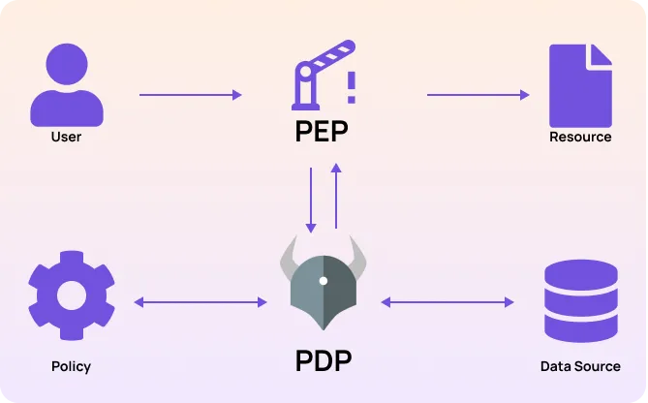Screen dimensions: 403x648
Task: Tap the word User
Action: tap(66, 137)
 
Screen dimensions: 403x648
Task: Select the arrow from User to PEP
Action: tap(190, 95)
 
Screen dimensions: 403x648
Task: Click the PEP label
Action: tap(322, 132)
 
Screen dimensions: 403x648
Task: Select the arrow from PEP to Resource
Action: tap(478, 95)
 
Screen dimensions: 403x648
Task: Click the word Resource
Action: tap(580, 137)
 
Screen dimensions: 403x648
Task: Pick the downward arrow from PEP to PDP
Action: tap(311, 200)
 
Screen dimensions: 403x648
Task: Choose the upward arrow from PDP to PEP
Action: tap(336, 197)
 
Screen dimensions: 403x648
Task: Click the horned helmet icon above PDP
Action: tap(324, 285)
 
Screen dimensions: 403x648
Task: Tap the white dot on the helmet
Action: tap(324, 281)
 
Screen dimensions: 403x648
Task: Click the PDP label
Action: tap(323, 361)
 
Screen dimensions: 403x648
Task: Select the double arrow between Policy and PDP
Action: tap(200, 303)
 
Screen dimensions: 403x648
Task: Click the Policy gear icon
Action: tap(71, 294)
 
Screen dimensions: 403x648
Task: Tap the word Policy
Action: tap(71, 366)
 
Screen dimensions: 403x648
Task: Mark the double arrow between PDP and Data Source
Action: tap(447, 303)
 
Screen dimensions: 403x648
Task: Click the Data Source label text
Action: tap(580, 366)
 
